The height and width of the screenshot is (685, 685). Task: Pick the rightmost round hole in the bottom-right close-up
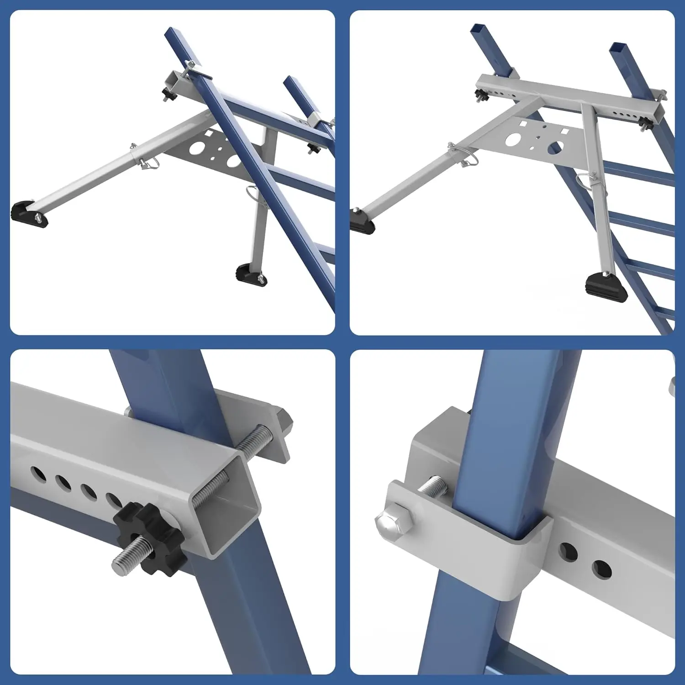[601, 569]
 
